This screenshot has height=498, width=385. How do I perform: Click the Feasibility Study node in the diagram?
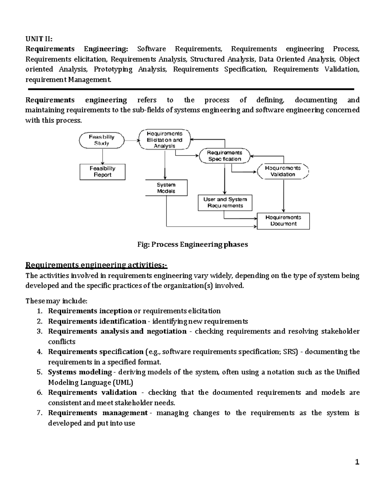(x=102, y=140)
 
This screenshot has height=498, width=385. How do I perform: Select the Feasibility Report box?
(x=102, y=172)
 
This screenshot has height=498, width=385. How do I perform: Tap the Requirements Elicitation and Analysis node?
(x=165, y=140)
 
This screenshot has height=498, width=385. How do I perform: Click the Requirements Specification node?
(x=225, y=156)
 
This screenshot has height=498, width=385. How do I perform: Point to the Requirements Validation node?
(x=283, y=171)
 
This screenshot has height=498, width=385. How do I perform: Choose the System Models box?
(x=166, y=188)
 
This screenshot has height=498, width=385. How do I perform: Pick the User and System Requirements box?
(x=225, y=203)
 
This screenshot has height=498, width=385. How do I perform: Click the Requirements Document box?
(x=283, y=221)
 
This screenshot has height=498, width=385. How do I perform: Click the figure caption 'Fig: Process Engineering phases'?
(x=193, y=244)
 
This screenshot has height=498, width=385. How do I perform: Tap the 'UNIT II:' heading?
(x=38, y=39)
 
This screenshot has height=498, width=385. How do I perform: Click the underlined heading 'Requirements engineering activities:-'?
(x=96, y=265)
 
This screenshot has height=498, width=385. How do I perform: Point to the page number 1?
(x=357, y=462)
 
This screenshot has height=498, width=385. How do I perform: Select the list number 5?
(x=39, y=372)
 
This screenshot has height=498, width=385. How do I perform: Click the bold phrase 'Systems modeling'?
(x=80, y=372)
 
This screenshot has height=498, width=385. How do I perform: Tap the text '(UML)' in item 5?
(x=123, y=383)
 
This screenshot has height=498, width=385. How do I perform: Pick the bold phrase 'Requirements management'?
(x=98, y=413)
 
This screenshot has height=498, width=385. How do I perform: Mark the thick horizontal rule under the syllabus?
(x=191, y=89)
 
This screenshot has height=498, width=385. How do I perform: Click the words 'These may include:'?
(x=56, y=301)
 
